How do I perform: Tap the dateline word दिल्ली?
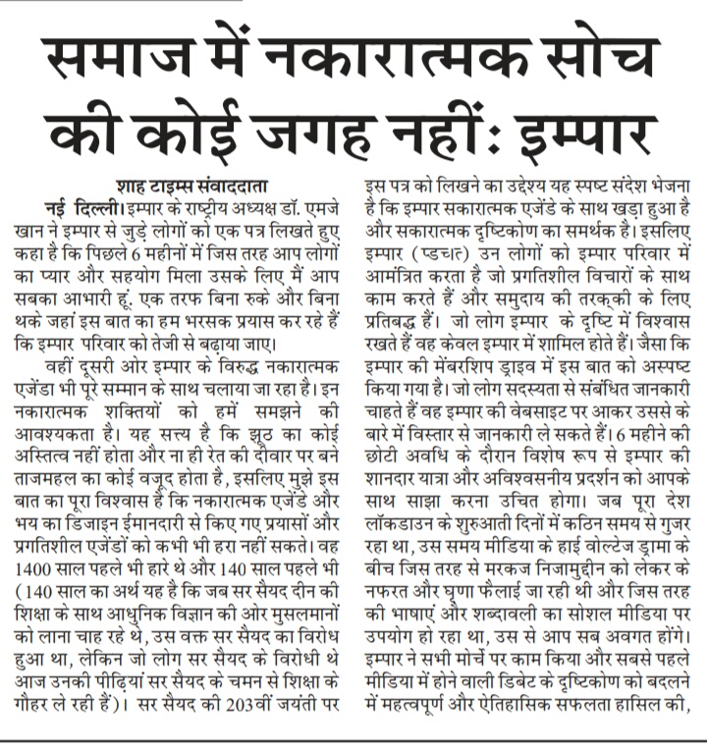pos(100,204)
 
